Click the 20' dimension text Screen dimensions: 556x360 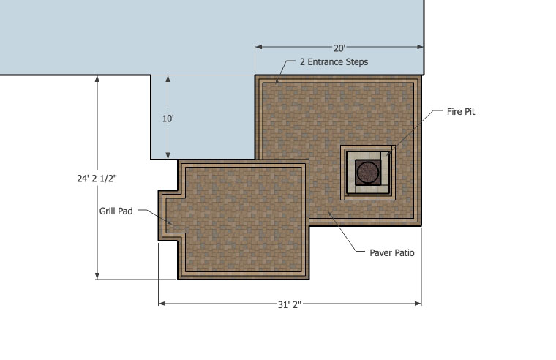coord(339,48)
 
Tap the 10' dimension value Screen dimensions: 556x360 coord(168,119)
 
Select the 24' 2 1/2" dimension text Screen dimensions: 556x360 coord(97,179)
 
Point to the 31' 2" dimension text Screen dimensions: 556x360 coord(290,304)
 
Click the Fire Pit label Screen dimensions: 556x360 coord(461,112)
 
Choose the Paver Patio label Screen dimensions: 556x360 coord(392,253)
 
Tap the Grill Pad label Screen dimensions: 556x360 coord(116,211)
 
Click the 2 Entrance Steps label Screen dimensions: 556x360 coord(334,62)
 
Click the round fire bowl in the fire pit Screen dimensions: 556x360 coord(368,172)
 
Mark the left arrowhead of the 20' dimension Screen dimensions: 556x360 coord(258,47)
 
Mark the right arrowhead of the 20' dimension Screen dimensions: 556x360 coord(420,47)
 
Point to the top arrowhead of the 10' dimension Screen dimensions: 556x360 coord(168,79)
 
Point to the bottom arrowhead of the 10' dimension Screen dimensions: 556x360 coord(168,155)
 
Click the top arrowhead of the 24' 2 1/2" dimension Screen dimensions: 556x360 coord(97,79)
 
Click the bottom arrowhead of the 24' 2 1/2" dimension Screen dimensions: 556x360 coord(97,276)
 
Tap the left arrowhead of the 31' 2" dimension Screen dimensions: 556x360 coord(162,304)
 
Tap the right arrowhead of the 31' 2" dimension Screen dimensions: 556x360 coord(418,304)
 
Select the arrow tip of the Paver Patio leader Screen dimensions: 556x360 coord(328,211)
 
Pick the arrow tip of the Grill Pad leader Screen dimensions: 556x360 coord(172,224)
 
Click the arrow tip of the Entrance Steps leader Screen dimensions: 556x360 coord(277,83)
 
